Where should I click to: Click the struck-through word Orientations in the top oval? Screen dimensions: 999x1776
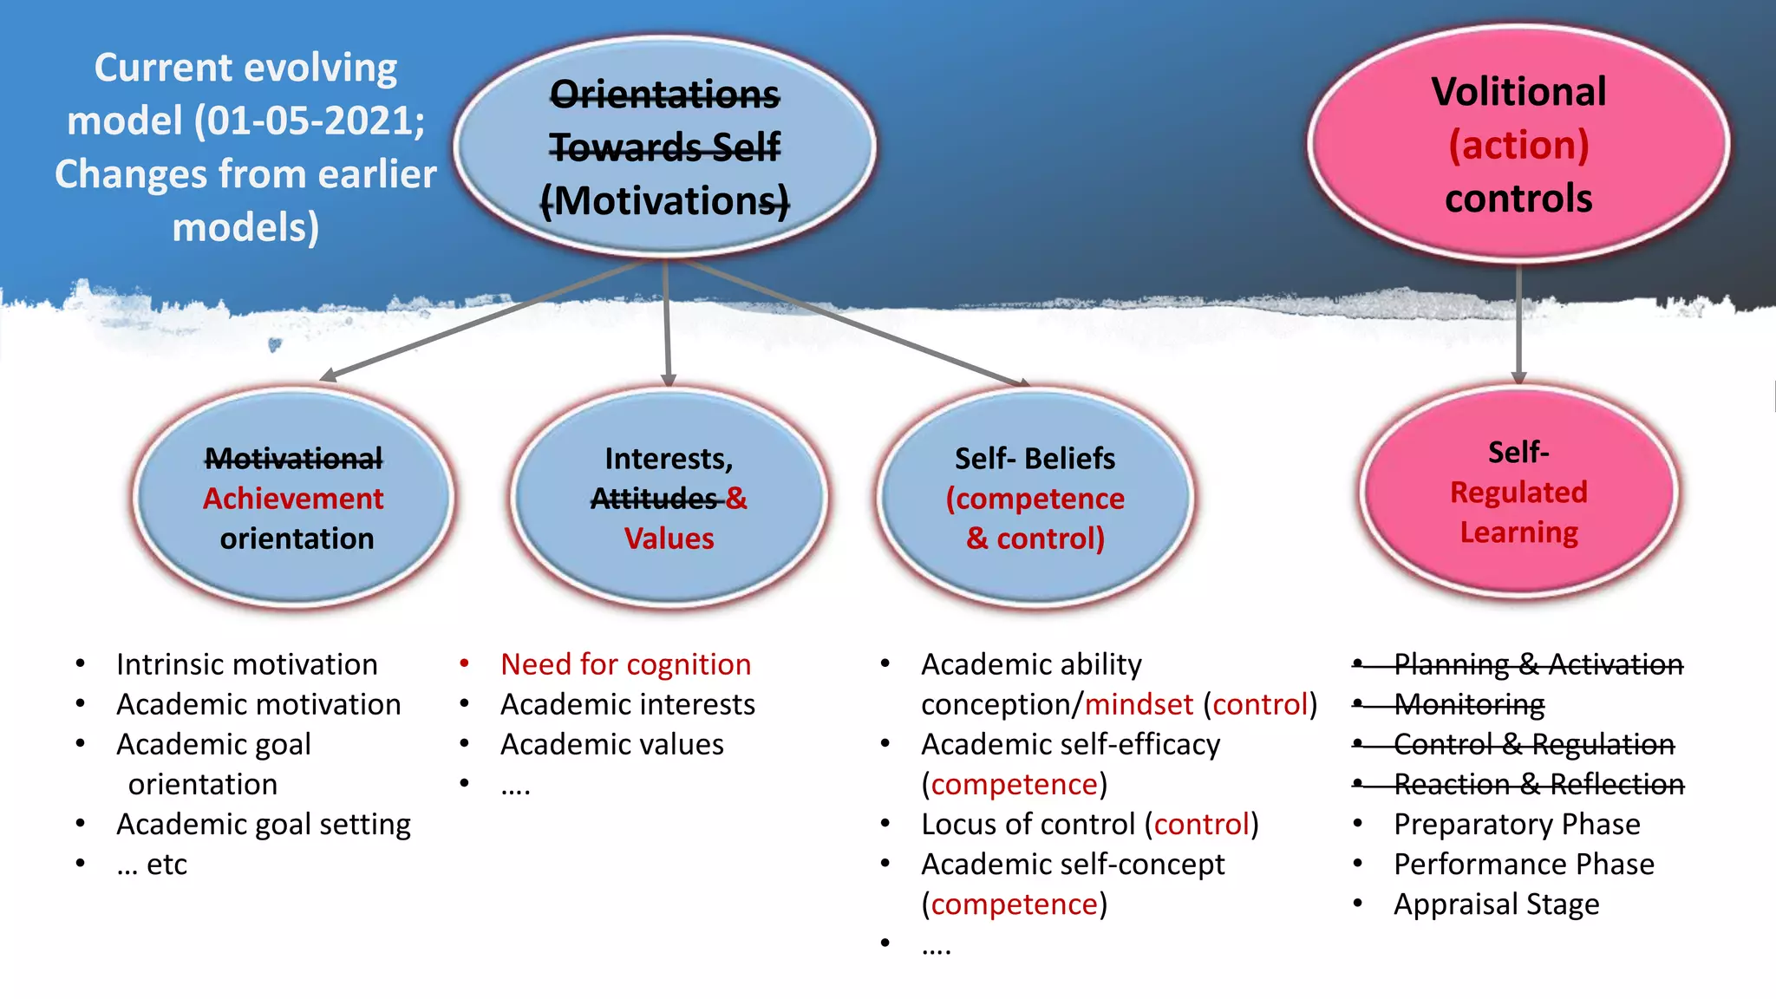point(665,94)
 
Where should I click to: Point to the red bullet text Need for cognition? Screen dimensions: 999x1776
point(625,664)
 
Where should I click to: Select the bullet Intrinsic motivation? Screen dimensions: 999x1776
point(247,664)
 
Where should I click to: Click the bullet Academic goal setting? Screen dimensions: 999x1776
point(264,824)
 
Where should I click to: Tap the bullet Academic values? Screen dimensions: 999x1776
point(611,744)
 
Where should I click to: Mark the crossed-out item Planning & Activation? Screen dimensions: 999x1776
point(1538,664)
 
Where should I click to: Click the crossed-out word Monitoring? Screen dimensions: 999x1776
point(1469,704)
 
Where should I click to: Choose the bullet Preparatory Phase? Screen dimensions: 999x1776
point(1517,824)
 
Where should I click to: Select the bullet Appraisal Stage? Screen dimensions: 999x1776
point(1496,904)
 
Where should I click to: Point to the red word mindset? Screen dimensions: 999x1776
point(1139,704)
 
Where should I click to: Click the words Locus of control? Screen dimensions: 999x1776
point(1028,824)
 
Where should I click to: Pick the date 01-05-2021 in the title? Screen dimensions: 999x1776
point(308,121)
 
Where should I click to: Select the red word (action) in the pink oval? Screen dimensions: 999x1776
point(1518,145)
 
